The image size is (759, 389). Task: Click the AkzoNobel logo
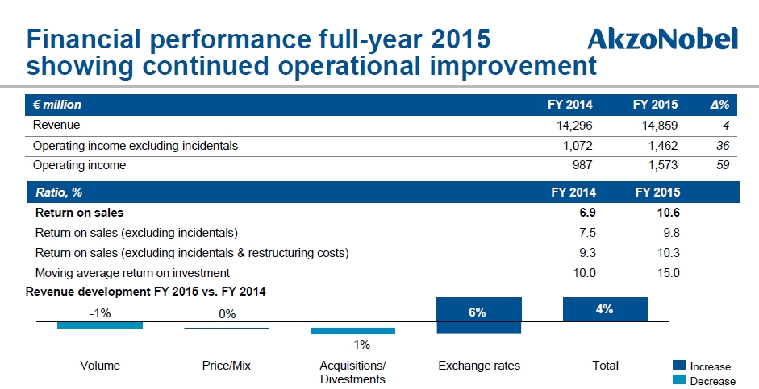click(x=662, y=39)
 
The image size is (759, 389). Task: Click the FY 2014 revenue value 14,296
click(x=574, y=126)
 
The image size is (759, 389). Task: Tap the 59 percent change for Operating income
click(x=723, y=165)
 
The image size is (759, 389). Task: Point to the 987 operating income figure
click(x=582, y=165)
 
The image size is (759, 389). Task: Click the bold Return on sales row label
click(x=79, y=213)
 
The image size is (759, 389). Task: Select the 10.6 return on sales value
click(x=669, y=213)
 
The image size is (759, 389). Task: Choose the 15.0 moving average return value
click(x=669, y=273)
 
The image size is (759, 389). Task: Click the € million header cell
click(x=57, y=105)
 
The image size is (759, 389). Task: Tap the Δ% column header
click(x=719, y=105)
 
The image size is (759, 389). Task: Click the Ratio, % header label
click(x=59, y=192)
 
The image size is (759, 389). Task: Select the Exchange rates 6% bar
click(x=479, y=315)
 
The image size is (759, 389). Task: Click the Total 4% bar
click(x=605, y=309)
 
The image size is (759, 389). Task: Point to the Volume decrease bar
click(x=100, y=325)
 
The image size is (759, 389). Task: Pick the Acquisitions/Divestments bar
click(x=352, y=331)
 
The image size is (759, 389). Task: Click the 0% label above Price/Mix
click(x=227, y=314)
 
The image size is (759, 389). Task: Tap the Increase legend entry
click(x=702, y=366)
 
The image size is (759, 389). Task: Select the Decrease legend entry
click(x=704, y=381)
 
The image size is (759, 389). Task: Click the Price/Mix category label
click(x=227, y=366)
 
